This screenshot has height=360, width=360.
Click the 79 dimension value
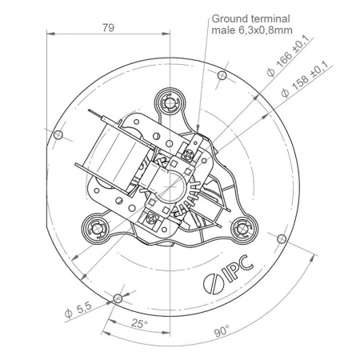click(108, 28)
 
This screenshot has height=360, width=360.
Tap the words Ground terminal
click(250, 19)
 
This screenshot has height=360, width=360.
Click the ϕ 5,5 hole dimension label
click(78, 310)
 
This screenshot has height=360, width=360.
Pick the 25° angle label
click(139, 324)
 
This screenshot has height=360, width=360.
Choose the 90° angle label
click(222, 331)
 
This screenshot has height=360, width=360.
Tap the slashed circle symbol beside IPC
click(212, 283)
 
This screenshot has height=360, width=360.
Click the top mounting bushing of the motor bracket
click(170, 102)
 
